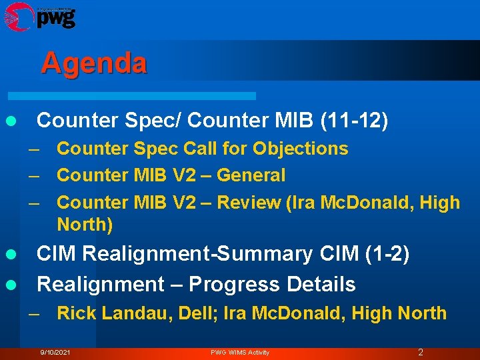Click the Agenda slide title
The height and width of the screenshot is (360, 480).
click(93, 63)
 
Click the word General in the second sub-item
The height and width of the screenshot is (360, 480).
click(251, 175)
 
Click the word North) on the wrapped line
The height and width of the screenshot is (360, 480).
click(85, 225)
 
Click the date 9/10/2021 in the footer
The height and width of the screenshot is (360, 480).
click(55, 352)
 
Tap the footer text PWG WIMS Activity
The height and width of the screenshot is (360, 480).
click(240, 352)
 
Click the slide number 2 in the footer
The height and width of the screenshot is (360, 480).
click(420, 352)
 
